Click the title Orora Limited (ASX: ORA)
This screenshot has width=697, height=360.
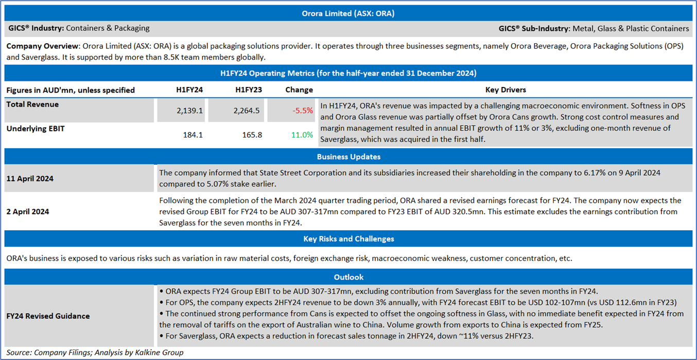[348, 13]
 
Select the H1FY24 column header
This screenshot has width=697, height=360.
[189, 90]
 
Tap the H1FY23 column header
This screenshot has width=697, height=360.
[249, 90]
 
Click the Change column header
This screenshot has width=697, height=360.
[299, 90]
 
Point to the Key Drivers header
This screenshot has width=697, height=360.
[506, 90]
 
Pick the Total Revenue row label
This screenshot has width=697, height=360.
[32, 105]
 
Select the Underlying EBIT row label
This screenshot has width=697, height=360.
[36, 129]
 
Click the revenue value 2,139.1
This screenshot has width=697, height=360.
[190, 111]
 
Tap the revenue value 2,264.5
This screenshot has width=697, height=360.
[247, 111]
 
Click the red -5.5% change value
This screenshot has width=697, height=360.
[303, 111]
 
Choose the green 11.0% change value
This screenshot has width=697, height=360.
[302, 135]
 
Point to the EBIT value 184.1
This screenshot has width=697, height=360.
[193, 135]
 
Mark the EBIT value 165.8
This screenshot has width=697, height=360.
[252, 135]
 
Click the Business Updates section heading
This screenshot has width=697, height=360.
[348, 157]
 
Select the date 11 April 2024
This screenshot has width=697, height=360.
[30, 178]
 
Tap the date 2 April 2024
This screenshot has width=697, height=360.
[28, 212]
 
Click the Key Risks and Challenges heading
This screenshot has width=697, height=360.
[348, 239]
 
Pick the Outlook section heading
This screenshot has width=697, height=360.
[348, 277]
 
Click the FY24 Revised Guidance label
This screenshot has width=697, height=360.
[48, 316]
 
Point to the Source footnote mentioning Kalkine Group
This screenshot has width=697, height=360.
[95, 352]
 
